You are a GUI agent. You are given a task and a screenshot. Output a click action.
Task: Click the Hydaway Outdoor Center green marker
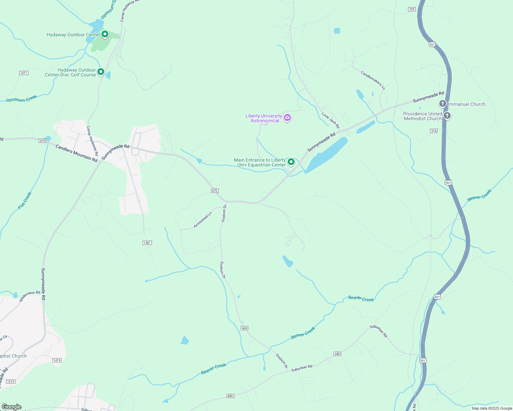click(105, 34)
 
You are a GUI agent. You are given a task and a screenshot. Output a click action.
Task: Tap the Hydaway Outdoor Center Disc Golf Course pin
click(101, 72)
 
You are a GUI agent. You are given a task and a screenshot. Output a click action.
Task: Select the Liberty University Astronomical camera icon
click(287, 118)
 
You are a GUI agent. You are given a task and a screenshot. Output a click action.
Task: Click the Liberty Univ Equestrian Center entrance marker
click(291, 162)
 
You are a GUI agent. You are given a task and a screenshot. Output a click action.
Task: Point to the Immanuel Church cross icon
click(443, 103)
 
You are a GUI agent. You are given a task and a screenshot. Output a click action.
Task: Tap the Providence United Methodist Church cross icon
click(447, 115)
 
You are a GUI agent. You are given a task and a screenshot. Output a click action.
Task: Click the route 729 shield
click(412, 9)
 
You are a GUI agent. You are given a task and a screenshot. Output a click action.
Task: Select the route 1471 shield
click(24, 73)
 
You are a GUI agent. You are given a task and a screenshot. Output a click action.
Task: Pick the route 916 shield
click(434, 131)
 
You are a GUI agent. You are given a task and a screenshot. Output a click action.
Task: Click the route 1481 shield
click(147, 243)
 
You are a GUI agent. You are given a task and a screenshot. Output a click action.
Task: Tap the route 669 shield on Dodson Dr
click(244, 328)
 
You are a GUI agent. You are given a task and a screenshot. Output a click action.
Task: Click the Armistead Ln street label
click(203, 220)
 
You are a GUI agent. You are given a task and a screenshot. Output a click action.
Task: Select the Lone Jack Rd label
click(331, 120)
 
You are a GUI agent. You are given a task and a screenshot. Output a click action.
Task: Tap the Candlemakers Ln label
click(373, 80)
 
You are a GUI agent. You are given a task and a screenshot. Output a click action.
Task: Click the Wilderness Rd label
click(29, 296)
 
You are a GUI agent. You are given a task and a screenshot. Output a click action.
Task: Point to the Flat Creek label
click(25, 201)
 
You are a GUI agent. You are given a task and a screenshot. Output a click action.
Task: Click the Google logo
click(11, 407)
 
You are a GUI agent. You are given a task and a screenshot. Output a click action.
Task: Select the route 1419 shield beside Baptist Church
click(57, 360)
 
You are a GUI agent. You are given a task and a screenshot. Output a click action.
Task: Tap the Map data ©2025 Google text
click(492, 408)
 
